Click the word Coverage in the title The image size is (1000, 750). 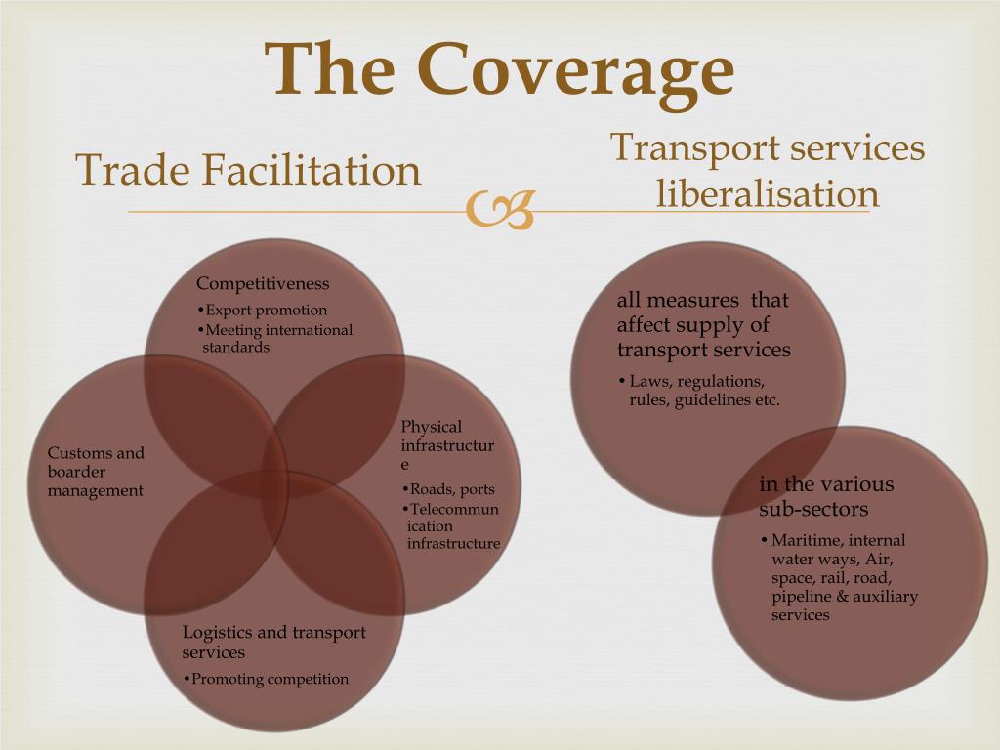[575, 70]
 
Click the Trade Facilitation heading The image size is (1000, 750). [249, 171]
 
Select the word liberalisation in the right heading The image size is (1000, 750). [767, 193]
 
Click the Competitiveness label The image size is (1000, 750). [263, 284]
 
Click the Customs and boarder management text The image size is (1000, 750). [96, 472]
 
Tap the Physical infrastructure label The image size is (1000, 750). [447, 445]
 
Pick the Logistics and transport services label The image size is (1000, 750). [273, 642]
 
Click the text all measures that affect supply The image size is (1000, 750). [703, 324]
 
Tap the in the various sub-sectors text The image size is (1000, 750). [826, 496]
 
